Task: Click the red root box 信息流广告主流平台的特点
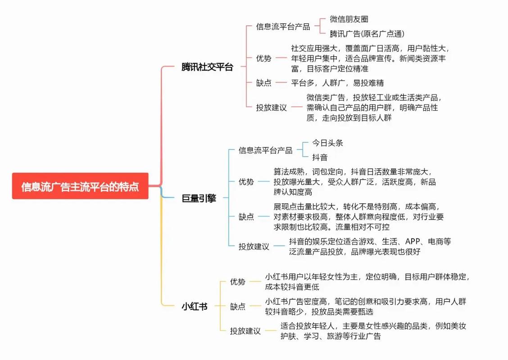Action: coord(80,186)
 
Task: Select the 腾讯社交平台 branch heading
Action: coord(207,67)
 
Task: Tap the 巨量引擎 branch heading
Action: coord(199,198)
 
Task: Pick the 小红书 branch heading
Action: coord(195,306)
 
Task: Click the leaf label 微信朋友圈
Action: coord(349,19)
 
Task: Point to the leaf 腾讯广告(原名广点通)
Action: coord(367,34)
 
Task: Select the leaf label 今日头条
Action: coord(327,143)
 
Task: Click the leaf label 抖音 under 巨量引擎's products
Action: coord(320,157)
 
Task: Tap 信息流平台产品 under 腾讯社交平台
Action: coord(283,27)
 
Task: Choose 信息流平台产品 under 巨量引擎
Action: coord(265,150)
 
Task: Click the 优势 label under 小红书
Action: coord(237,282)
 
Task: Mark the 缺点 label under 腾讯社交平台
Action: coord(264,83)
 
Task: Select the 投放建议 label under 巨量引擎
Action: coord(254,246)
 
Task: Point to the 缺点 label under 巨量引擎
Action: coord(246,216)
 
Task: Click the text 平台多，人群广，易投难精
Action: coord(337,83)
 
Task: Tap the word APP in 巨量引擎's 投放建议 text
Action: coord(413,241)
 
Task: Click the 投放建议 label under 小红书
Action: coord(245,331)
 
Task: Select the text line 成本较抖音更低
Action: coord(292,287)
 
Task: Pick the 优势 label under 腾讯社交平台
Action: coord(264,58)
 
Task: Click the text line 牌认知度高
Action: coord(293,192)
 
